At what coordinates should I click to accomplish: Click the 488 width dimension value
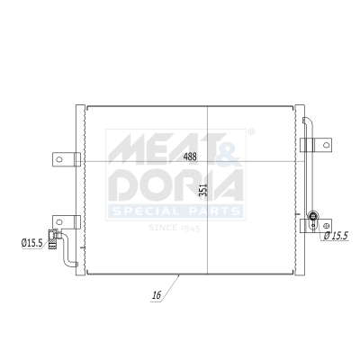[190, 157]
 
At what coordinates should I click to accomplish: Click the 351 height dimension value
[203, 191]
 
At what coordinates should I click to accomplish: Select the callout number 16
[156, 294]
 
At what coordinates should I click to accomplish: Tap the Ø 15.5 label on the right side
[335, 236]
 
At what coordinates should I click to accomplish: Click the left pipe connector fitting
[56, 238]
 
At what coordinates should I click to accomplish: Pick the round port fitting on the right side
[312, 216]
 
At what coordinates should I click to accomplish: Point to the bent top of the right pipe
[309, 121]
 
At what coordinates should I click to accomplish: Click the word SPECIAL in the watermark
[140, 211]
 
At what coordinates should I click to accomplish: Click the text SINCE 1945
[175, 229]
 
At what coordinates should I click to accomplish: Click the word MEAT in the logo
[162, 148]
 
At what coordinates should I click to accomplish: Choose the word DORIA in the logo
[175, 184]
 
